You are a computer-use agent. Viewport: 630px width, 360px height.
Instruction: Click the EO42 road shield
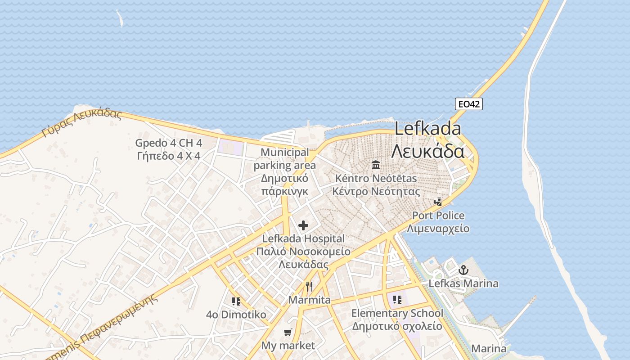click(x=468, y=104)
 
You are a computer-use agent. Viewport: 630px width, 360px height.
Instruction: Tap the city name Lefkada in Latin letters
click(x=427, y=129)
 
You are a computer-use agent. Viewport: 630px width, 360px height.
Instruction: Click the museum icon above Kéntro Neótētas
click(x=376, y=165)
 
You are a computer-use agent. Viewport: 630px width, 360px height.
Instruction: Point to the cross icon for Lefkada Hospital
click(x=303, y=225)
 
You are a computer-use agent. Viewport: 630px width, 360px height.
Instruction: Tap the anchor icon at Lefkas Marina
click(x=463, y=270)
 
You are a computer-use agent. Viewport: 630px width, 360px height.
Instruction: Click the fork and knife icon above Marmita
click(x=309, y=287)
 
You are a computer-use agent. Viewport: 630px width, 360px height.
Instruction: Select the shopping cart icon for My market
click(x=288, y=333)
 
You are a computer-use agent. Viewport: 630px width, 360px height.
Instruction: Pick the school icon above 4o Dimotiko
click(x=236, y=301)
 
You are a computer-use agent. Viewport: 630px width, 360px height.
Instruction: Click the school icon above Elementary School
click(x=397, y=299)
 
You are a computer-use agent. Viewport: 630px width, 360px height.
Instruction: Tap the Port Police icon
click(x=438, y=202)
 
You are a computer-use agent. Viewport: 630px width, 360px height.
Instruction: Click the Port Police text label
click(x=438, y=216)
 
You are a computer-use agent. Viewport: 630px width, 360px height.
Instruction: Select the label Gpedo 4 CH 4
click(x=169, y=144)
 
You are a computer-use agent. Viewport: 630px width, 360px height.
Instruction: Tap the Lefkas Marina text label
click(x=463, y=283)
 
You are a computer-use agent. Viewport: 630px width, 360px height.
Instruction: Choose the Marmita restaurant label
click(x=309, y=300)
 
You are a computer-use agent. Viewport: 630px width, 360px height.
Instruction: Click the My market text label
click(x=288, y=346)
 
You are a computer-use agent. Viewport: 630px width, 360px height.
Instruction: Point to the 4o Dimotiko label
click(x=236, y=315)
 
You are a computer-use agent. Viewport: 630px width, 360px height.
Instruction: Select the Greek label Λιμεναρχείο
click(x=438, y=229)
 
